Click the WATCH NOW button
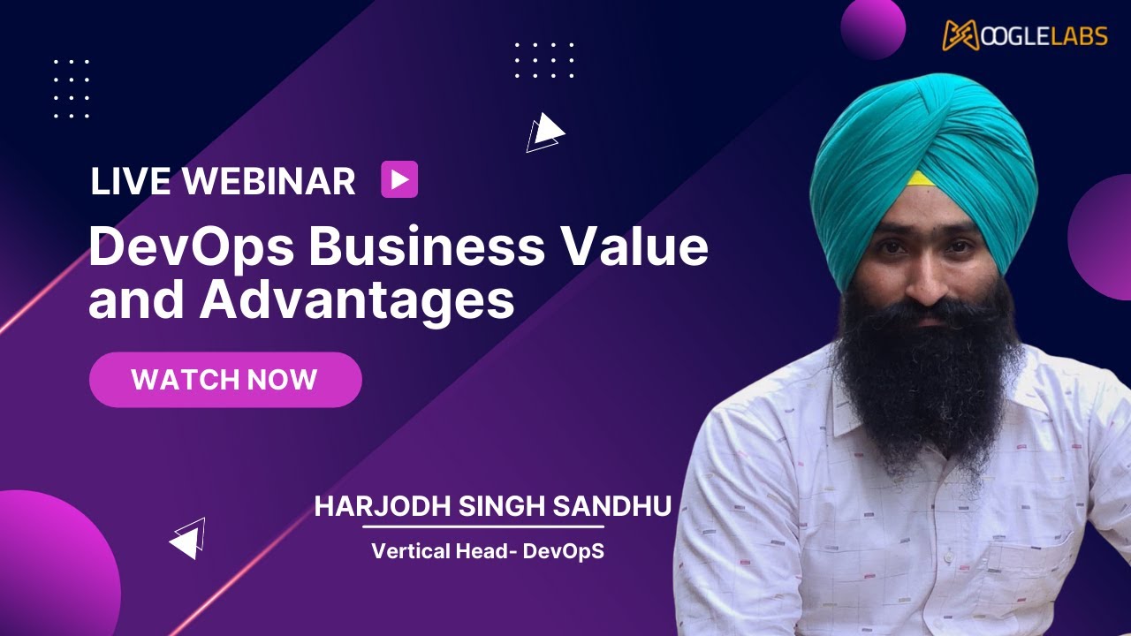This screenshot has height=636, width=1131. point(225,380)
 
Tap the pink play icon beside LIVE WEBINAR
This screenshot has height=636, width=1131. point(399,180)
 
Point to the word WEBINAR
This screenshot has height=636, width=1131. point(269,181)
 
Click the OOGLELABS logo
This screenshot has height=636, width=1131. point(1025,34)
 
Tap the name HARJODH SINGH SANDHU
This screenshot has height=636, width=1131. point(493,506)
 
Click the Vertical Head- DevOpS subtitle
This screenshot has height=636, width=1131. point(488,551)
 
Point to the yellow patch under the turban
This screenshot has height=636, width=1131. point(921,179)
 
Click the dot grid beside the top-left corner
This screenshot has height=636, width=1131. point(72,88)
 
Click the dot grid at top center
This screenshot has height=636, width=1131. point(544,60)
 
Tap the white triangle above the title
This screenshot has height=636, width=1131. point(546,132)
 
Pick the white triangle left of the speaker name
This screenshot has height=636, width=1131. point(188,539)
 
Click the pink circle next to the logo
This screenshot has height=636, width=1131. point(873,27)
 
